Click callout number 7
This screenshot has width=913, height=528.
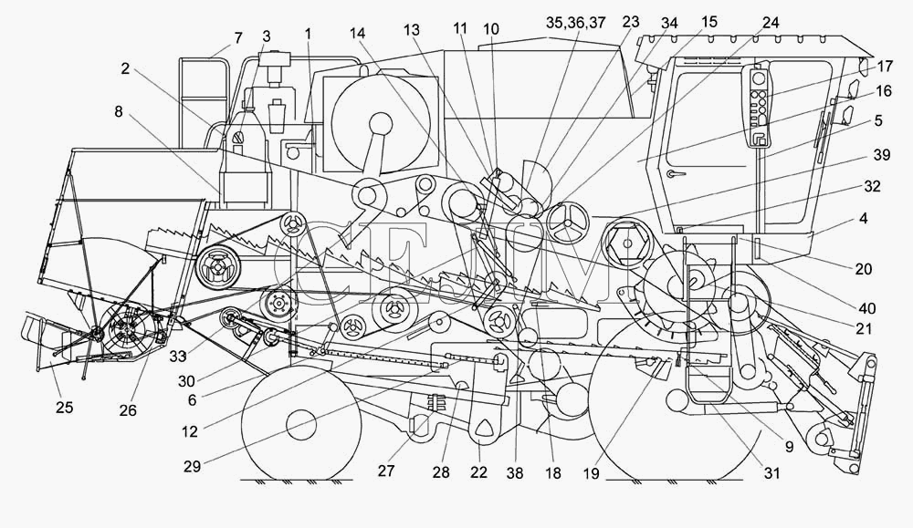[237, 37]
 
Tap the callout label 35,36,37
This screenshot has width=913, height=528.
[576, 23]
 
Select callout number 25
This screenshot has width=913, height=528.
[65, 408]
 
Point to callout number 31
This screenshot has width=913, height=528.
[771, 474]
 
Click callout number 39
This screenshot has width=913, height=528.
[882, 155]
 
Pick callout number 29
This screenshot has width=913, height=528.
[192, 466]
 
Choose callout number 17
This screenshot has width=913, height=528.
[884, 67]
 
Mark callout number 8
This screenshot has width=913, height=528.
[118, 111]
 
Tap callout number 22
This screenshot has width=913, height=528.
[478, 472]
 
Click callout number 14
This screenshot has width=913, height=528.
[358, 33]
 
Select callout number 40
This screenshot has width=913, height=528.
[866, 308]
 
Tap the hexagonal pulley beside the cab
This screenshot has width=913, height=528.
[625, 243]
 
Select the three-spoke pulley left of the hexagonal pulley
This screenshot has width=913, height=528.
[566, 223]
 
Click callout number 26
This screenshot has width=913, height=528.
[128, 410]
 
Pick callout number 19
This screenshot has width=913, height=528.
[591, 474]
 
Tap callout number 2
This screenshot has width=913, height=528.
[125, 68]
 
